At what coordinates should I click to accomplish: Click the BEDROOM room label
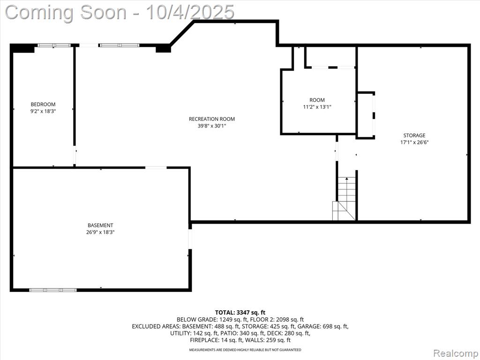pos(43,105)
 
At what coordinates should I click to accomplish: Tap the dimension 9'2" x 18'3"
pos(43,112)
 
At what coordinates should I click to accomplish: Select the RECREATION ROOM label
pos(212,119)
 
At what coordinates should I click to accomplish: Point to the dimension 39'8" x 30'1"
pos(212,126)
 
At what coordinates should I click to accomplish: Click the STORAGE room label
pos(414,135)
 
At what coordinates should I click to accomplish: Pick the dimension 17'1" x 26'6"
pos(414,142)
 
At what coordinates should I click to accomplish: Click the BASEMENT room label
pos(100,225)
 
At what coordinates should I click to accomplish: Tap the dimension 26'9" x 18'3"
pos(100,232)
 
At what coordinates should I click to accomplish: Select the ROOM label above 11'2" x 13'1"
pos(317,100)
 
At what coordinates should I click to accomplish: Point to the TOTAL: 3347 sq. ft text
pos(240,313)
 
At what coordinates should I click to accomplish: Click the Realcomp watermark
pos(456,353)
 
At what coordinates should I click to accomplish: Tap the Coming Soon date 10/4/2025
pos(190,13)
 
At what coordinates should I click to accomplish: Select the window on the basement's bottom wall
pos(53,290)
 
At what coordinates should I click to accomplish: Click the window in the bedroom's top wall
pos(54,45)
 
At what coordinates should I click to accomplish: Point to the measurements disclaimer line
pos(245,350)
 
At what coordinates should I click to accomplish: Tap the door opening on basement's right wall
pos(190,239)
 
